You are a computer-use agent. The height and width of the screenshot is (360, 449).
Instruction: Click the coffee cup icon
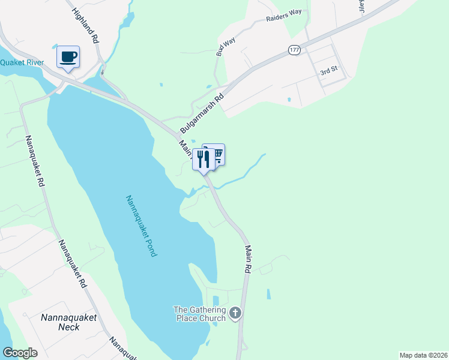68,56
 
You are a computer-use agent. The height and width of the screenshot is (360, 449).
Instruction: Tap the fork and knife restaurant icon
203,159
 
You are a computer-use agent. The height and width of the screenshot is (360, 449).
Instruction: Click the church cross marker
235,313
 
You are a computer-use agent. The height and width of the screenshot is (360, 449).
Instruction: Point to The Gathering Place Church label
199,314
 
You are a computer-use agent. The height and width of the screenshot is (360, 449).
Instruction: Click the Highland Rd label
86,25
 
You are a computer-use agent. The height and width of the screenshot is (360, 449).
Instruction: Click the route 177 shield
294,50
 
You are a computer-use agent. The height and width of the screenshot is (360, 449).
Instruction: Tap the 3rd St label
328,71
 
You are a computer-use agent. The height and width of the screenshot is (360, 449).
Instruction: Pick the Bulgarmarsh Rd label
203,108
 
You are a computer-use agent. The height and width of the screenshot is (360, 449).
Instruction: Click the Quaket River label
23,62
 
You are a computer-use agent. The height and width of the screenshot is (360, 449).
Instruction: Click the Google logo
20,353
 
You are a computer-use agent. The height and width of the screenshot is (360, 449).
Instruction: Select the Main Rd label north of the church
247,259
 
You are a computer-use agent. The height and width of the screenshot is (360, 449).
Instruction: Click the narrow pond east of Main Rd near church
268,295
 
